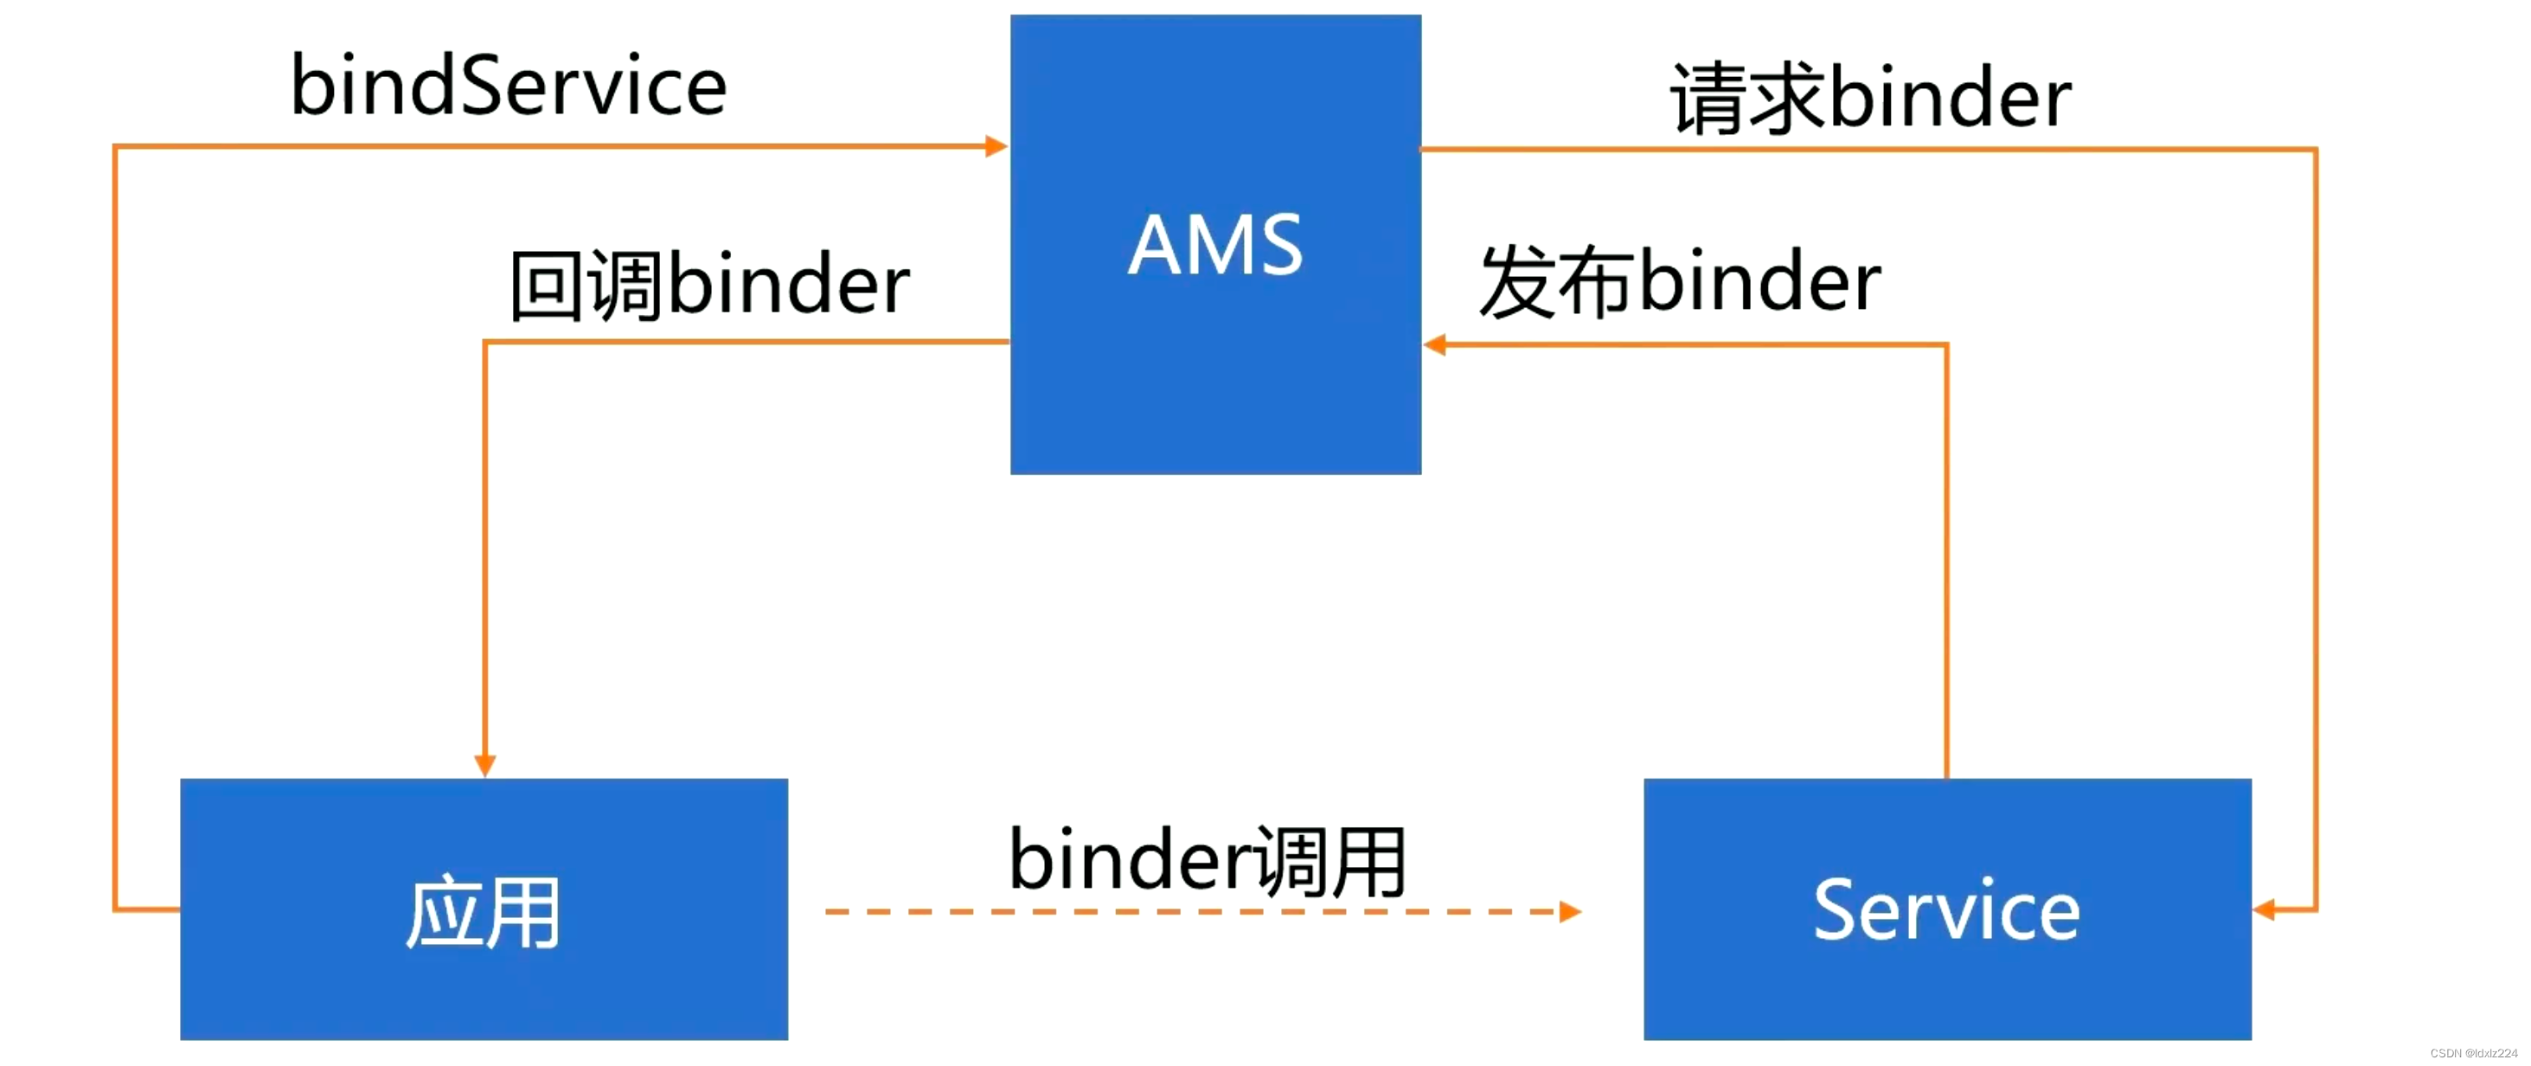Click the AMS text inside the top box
point(1215,245)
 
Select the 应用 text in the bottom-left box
point(484,913)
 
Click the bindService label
point(508,87)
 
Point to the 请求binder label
point(1871,96)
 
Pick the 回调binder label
point(709,284)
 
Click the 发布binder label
point(1680,282)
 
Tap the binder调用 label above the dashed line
point(1208,861)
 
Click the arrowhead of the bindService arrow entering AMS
point(996,146)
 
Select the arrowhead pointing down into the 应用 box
point(484,764)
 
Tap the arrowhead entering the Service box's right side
point(2264,909)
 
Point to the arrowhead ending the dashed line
point(1570,912)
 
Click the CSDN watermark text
point(2473,1053)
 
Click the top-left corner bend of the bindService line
point(116,147)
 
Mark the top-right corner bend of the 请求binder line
point(2316,150)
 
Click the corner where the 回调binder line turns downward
point(485,342)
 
